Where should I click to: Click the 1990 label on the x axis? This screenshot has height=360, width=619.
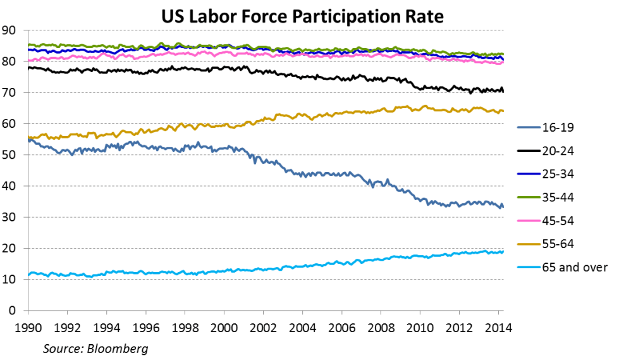tap(27, 328)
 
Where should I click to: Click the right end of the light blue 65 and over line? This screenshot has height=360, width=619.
tap(503, 251)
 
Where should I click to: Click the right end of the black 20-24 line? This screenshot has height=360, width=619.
tap(503, 91)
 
